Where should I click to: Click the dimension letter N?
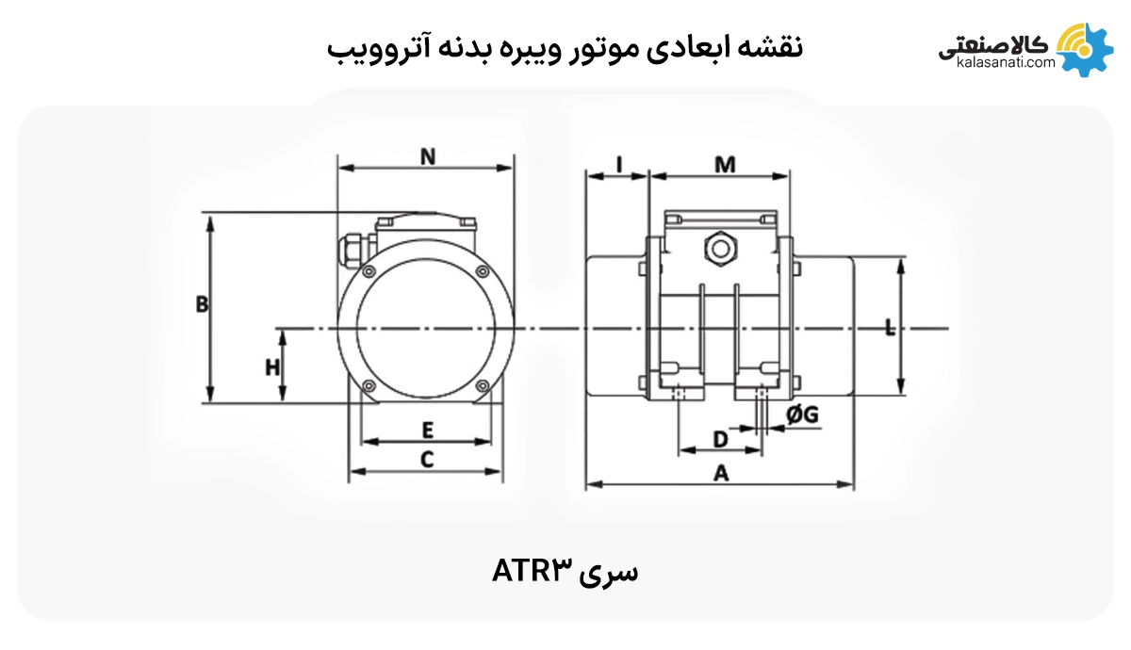(x=427, y=156)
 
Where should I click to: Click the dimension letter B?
(x=201, y=304)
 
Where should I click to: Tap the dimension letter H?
(x=272, y=366)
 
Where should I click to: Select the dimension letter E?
(x=427, y=431)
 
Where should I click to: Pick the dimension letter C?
(x=427, y=460)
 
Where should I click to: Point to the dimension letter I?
(x=618, y=164)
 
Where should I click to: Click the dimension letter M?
(x=724, y=165)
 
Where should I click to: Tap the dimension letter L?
(x=890, y=328)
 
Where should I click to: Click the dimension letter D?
(x=720, y=439)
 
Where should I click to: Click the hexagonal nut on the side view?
(x=721, y=249)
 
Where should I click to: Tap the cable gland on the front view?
(x=349, y=243)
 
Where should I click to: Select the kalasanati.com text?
(x=1004, y=64)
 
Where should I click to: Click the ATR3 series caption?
(x=565, y=571)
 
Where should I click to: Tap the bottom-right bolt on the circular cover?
(x=483, y=384)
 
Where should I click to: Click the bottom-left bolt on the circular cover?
(x=367, y=384)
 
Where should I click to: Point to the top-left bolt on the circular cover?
(x=367, y=268)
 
